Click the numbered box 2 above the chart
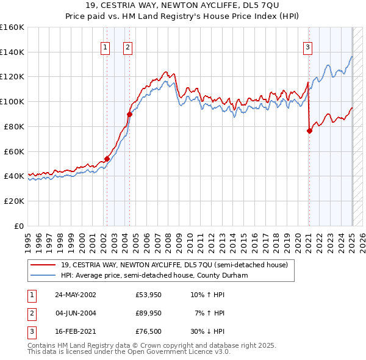(x=128, y=47)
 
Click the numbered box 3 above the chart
(x=308, y=47)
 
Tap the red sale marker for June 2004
(x=129, y=113)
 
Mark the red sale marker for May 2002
(x=107, y=159)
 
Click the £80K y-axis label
(x=14, y=126)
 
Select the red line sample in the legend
(x=43, y=265)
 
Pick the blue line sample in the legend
(x=43, y=275)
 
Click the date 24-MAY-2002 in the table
(x=76, y=295)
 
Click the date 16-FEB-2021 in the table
(x=76, y=332)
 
